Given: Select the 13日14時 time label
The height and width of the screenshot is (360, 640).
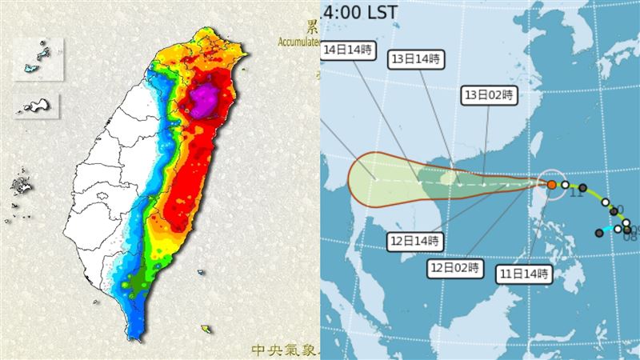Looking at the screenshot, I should click(x=415, y=59).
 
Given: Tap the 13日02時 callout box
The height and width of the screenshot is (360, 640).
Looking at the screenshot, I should click(x=490, y=94).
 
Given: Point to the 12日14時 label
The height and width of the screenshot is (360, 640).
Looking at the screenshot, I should click(x=414, y=240).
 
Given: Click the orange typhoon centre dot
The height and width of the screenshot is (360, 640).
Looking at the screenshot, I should click(x=552, y=185).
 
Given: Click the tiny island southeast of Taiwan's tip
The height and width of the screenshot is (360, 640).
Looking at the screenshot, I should click(x=207, y=328).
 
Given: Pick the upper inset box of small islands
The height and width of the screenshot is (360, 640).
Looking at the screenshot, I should click(x=38, y=58).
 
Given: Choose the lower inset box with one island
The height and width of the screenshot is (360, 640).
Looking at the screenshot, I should click(x=38, y=106).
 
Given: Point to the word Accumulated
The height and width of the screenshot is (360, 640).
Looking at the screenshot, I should click(x=298, y=41).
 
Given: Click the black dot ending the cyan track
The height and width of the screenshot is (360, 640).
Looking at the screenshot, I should click(x=599, y=233).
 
